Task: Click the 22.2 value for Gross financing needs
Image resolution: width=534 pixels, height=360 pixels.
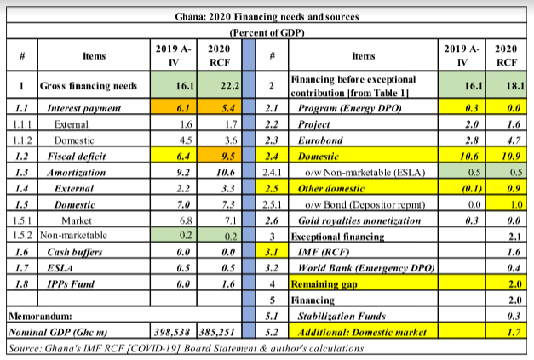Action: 223,86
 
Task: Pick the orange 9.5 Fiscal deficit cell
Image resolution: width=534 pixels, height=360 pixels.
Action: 223,157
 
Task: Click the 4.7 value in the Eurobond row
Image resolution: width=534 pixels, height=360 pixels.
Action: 509,141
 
